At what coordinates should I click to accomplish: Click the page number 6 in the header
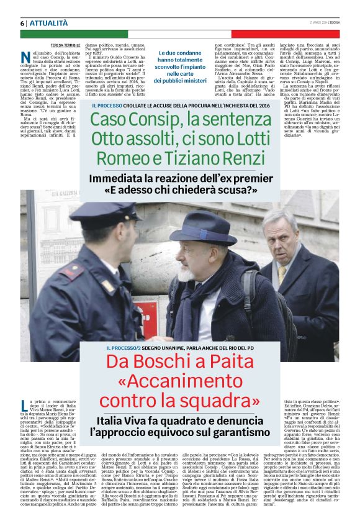22,23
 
